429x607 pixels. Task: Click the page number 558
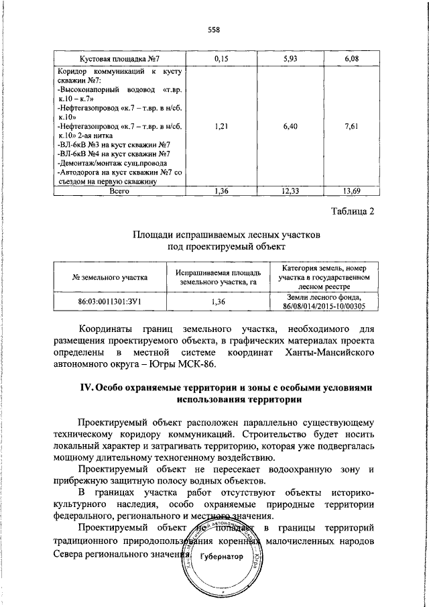pos(214,29)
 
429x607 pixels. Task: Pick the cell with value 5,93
pos(290,59)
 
